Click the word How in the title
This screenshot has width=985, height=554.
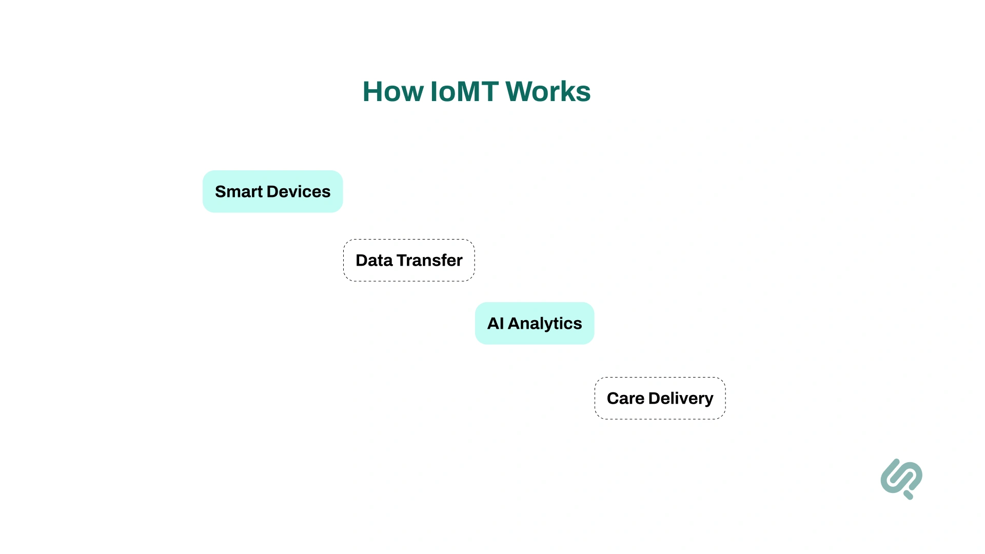pyautogui.click(x=392, y=92)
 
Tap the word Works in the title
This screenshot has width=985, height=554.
pyautogui.click(x=548, y=92)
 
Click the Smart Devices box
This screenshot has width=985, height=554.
pyautogui.click(x=272, y=191)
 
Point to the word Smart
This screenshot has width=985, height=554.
pyautogui.click(x=239, y=191)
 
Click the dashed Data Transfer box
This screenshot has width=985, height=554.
pyautogui.click(x=409, y=260)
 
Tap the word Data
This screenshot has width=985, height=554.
pyautogui.click(x=374, y=260)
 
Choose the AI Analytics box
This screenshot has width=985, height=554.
pyautogui.click(x=535, y=323)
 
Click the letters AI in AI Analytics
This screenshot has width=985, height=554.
pyautogui.click(x=495, y=323)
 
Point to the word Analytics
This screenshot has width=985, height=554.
pyautogui.click(x=545, y=323)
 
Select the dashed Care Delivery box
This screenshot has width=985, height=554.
pyautogui.click(x=660, y=398)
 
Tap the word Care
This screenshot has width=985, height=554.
pyautogui.click(x=625, y=398)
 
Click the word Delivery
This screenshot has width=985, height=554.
pyautogui.click(x=681, y=398)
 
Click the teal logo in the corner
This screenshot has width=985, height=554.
pyautogui.click(x=901, y=477)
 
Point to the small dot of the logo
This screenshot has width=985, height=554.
pyautogui.click(x=908, y=495)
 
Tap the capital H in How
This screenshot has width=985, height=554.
pyautogui.click(x=373, y=92)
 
